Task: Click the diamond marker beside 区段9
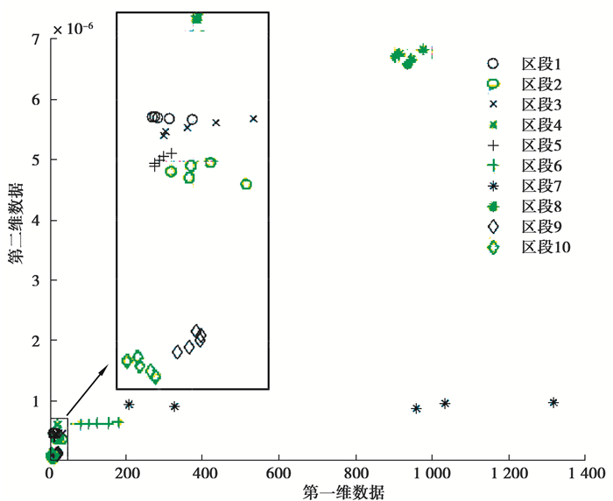[x=493, y=227]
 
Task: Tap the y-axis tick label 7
[x=35, y=39]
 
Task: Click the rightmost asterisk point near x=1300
[x=553, y=403]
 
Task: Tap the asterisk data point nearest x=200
[x=129, y=405]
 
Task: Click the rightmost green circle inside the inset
[x=246, y=184]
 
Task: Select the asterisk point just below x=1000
[x=445, y=404]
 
